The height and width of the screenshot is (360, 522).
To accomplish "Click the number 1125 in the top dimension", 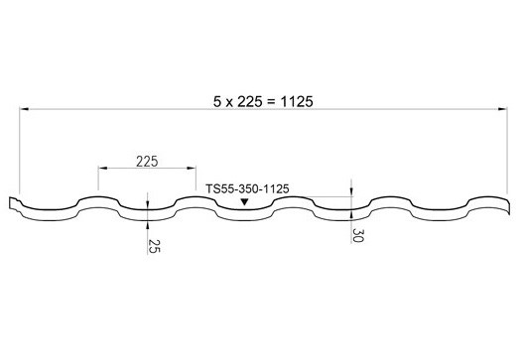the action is [297, 102].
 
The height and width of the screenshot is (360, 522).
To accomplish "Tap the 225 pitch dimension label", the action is [147, 162].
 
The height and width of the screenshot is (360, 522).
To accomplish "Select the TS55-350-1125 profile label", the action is [247, 189].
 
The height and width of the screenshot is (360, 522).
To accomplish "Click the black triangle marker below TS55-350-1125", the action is [245, 201].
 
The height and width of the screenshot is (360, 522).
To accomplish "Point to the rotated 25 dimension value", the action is [154, 246].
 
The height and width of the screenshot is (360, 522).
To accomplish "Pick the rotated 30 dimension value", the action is [358, 235].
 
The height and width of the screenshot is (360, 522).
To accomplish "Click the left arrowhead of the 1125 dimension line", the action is [24, 109].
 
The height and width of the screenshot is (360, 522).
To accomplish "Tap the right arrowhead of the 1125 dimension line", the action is [503, 109].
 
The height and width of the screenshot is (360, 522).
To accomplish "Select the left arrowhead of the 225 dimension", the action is [102, 168].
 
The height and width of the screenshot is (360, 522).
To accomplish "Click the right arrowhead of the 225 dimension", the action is [192, 168].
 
